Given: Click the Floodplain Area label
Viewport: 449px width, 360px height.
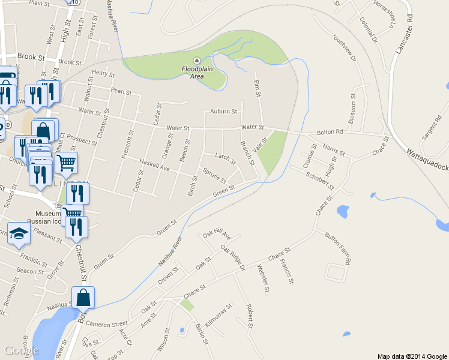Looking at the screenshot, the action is tap(197, 72).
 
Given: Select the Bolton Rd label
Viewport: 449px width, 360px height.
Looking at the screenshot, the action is tap(331, 131).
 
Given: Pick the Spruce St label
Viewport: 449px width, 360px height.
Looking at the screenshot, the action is tap(214, 176).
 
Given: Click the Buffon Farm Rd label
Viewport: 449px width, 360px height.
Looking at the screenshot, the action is tap(338, 247).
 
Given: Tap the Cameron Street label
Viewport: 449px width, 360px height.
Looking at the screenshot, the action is tap(106, 323).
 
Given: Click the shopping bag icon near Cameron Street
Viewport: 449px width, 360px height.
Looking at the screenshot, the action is tap(83, 296).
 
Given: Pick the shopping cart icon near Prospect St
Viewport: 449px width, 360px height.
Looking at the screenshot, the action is tap(66, 161).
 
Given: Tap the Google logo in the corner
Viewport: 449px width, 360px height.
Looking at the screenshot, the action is tap(22, 350).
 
